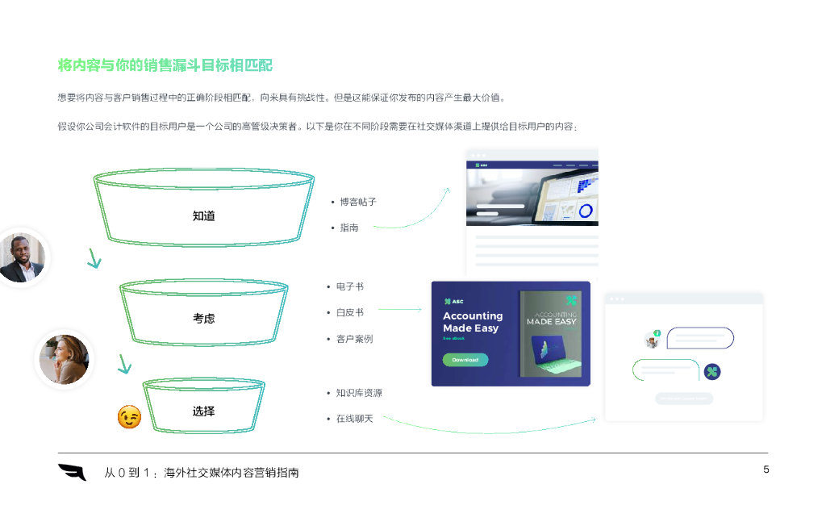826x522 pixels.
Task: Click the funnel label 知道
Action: pos(203,216)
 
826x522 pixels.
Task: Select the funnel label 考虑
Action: pos(203,319)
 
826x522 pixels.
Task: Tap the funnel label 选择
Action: pos(203,411)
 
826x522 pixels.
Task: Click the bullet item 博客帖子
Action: pos(357,202)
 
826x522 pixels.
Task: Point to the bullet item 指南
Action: pos(349,228)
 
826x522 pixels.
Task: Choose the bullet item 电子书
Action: pos(349,286)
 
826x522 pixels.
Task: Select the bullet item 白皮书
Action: pos(349,312)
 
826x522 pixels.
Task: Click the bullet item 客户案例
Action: pos(354,339)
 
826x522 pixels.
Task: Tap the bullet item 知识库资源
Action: pos(359,393)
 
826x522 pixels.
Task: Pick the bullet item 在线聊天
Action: pos(354,419)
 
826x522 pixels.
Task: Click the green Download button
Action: pos(465,360)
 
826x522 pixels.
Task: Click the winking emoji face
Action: pos(129,416)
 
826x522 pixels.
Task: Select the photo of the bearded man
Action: pos(22,257)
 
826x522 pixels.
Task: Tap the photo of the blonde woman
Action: pos(64,360)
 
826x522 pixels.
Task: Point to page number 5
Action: pos(766,470)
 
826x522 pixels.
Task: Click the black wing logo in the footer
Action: pos(72,472)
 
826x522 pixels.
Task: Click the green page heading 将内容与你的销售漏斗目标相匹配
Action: pos(165,65)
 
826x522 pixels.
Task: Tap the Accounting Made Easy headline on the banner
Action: pos(473,322)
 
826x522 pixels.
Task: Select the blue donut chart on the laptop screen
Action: pos(585,211)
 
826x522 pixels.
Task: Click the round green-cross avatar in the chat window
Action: pos(712,371)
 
